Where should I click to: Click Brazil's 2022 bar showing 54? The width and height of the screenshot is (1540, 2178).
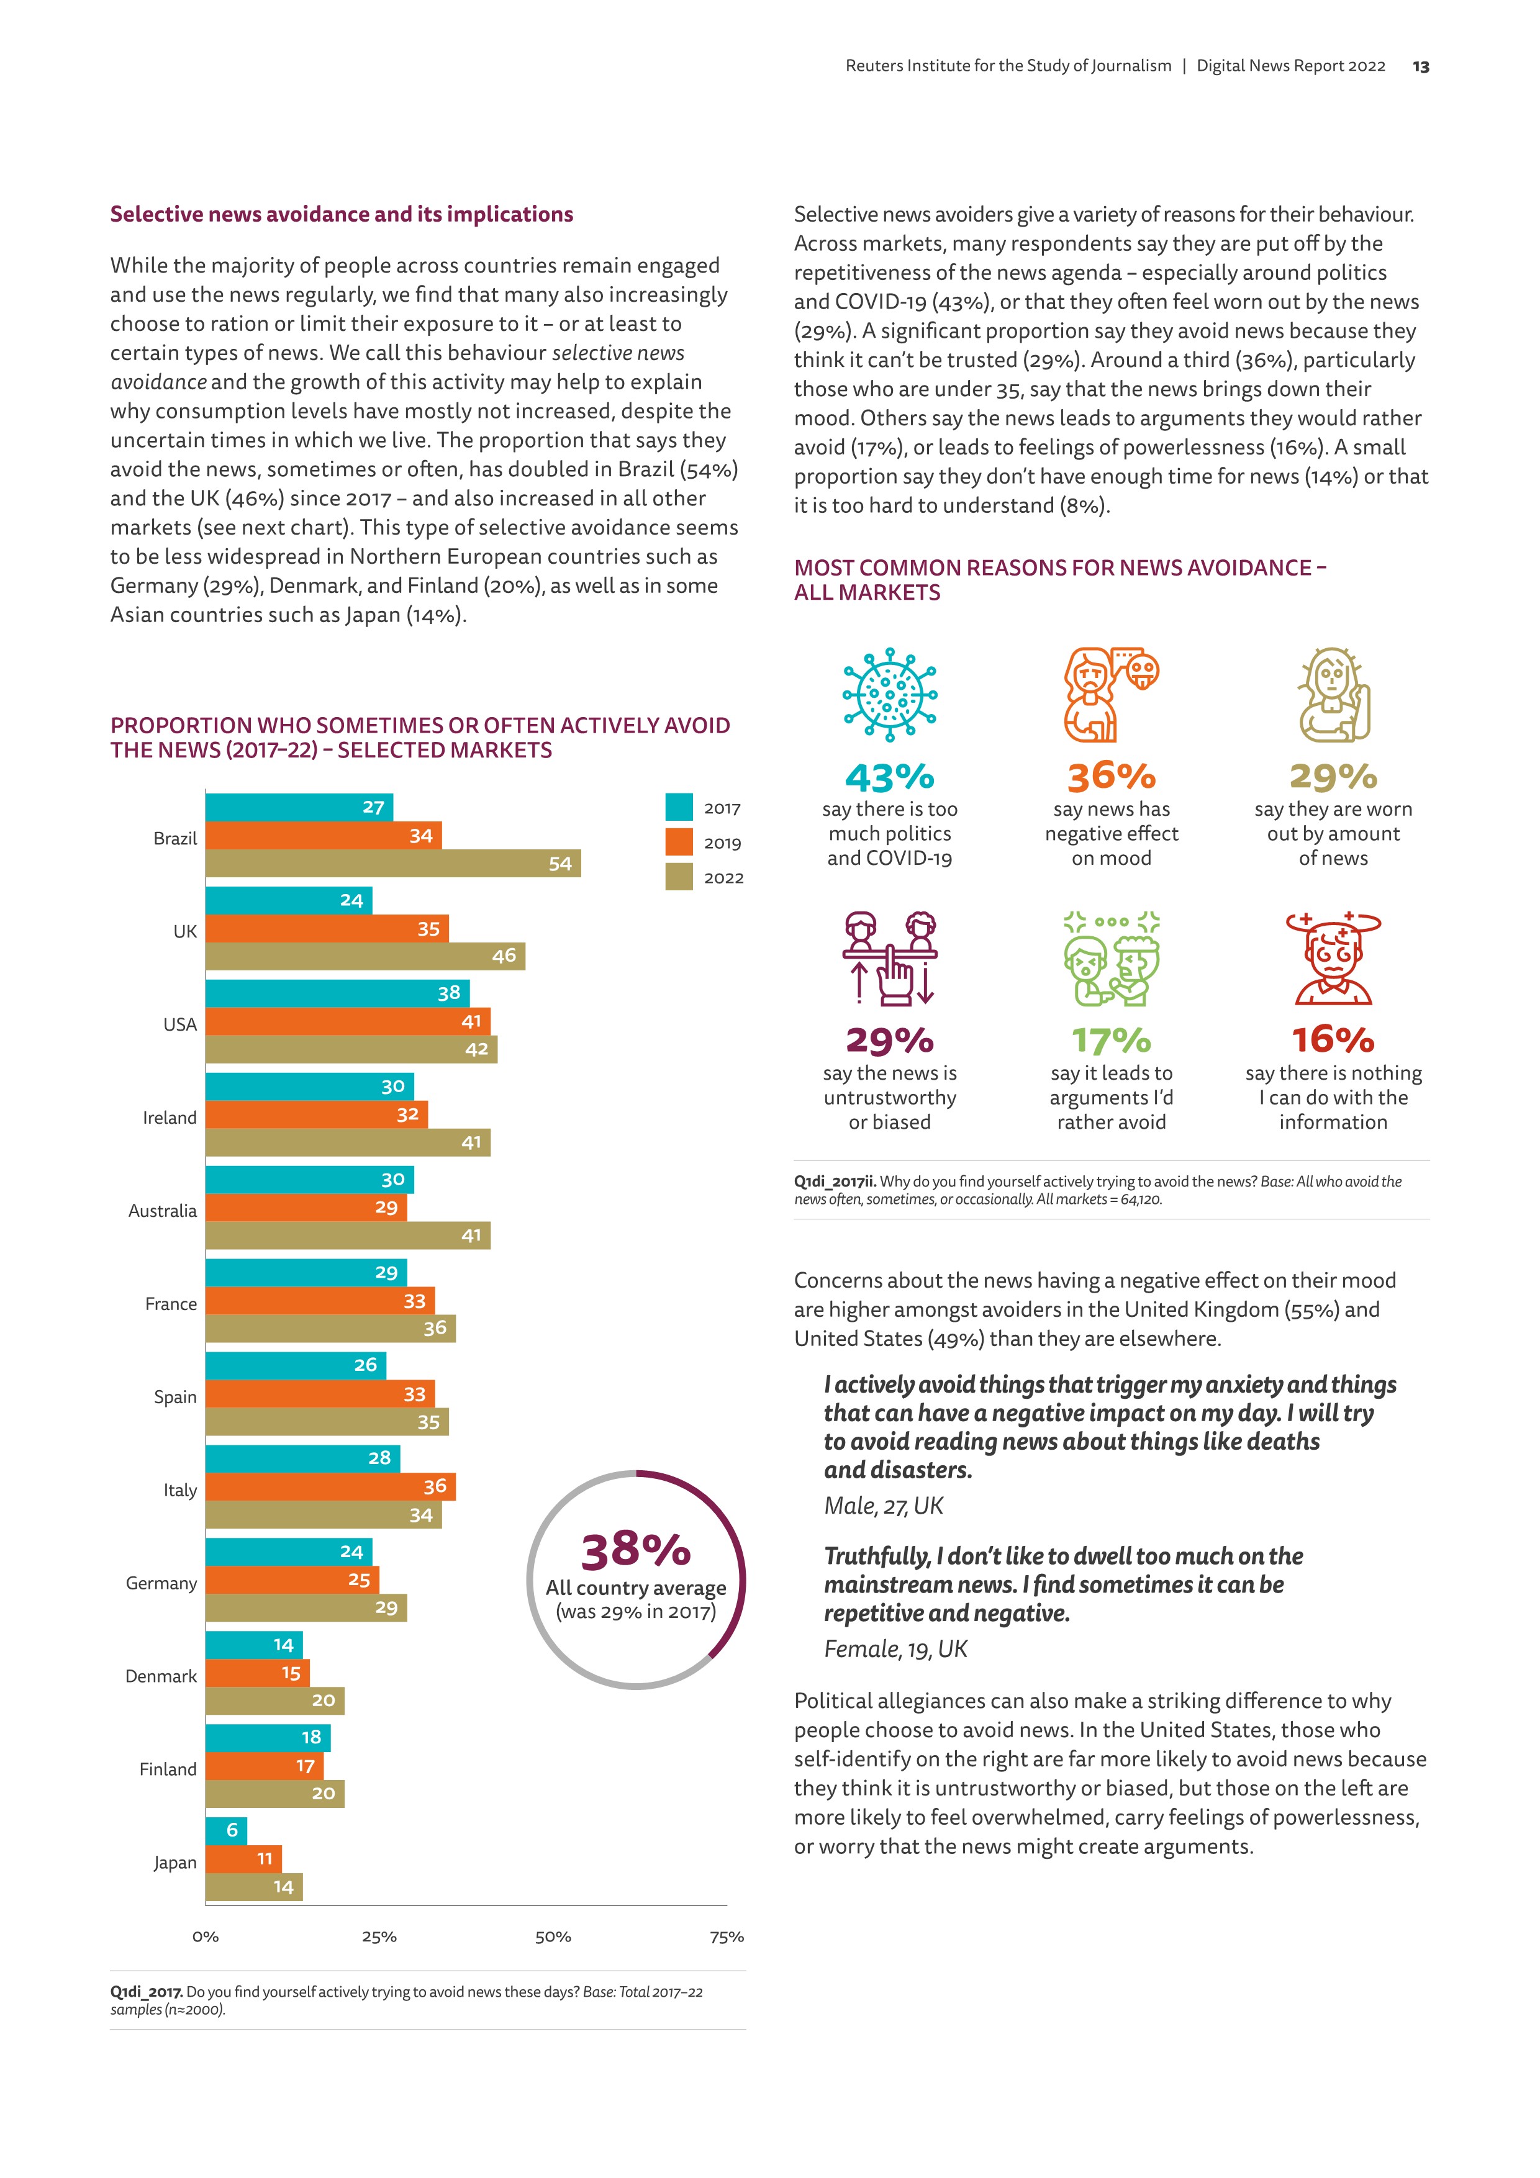[x=393, y=863]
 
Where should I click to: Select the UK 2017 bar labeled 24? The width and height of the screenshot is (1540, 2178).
[x=289, y=900]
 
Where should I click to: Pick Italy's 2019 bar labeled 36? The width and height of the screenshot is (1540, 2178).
[x=330, y=1486]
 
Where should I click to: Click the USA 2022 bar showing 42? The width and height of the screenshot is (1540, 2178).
[x=351, y=1049]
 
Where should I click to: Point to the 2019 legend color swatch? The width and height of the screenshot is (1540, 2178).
[x=679, y=843]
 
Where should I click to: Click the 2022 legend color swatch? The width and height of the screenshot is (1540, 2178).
[x=679, y=877]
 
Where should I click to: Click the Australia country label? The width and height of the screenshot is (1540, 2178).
[x=162, y=1211]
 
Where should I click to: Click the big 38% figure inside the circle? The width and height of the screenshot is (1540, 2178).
[x=636, y=1550]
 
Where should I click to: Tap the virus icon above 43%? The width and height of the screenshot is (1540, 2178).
[x=889, y=694]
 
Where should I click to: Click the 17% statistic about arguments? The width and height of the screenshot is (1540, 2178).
[x=1111, y=1041]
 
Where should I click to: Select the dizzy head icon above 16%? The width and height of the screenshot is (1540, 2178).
[x=1333, y=958]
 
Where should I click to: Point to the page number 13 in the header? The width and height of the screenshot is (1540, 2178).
[x=1420, y=66]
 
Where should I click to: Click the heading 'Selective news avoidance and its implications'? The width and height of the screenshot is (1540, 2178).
[x=342, y=214]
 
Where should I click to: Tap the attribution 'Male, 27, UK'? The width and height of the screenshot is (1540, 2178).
[x=884, y=1506]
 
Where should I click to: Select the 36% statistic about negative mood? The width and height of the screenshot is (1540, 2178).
[x=1111, y=777]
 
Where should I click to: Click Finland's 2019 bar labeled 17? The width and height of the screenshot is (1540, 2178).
[x=264, y=1765]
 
